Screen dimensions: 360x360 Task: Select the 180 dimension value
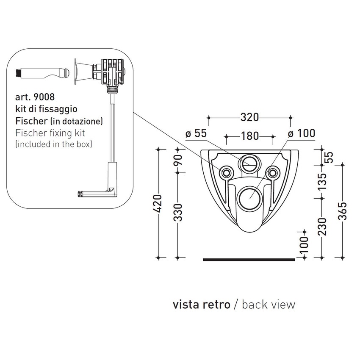click(x=249, y=136)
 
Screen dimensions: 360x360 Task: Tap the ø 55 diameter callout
click(x=196, y=133)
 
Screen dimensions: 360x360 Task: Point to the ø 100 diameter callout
click(x=301, y=133)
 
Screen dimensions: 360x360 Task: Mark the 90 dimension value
click(x=178, y=160)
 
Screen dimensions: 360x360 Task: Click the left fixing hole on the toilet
click(x=225, y=172)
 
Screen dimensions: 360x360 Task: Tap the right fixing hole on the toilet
click(x=273, y=172)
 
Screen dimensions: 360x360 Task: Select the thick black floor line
click(x=249, y=259)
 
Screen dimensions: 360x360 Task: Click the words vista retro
click(x=201, y=305)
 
